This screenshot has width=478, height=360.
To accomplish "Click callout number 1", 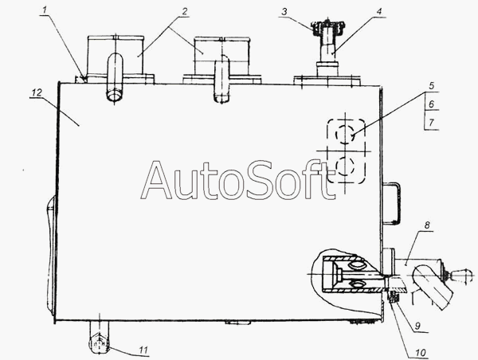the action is pyautogui.click(x=45, y=10).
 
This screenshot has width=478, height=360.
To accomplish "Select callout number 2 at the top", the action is pyautogui.click(x=184, y=12).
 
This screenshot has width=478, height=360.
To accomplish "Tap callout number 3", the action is pyautogui.click(x=284, y=12).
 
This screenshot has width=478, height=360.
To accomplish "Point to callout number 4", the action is pyautogui.click(x=378, y=12).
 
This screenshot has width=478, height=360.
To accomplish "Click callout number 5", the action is pyautogui.click(x=431, y=86).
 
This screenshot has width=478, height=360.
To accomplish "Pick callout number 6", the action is pyautogui.click(x=431, y=104).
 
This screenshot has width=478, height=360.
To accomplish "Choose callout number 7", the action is pyautogui.click(x=431, y=123).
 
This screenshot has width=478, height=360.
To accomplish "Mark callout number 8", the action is pyautogui.click(x=427, y=225).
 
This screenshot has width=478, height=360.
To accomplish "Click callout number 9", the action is pyautogui.click(x=417, y=326).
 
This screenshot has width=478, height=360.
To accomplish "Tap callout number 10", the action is pyautogui.click(x=420, y=353).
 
